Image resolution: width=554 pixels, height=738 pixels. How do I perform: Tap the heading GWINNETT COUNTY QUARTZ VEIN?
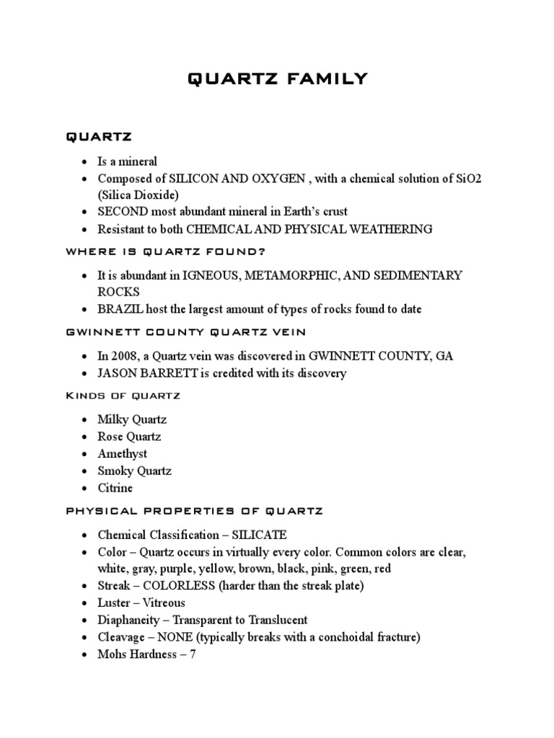pyautogui.click(x=185, y=332)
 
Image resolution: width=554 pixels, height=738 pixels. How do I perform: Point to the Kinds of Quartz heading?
pyautogui.click(x=123, y=396)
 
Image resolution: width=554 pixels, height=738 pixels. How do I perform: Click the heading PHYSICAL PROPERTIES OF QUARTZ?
pyautogui.click(x=195, y=511)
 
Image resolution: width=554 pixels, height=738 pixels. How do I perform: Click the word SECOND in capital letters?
pyautogui.click(x=123, y=212)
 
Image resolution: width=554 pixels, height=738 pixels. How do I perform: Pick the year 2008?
pyautogui.click(x=126, y=356)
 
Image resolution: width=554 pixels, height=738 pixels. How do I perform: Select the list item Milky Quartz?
pyautogui.click(x=132, y=419)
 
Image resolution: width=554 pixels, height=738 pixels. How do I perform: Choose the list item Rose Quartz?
pyautogui.click(x=130, y=437)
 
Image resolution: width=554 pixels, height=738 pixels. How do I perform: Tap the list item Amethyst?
pyautogui.click(x=123, y=454)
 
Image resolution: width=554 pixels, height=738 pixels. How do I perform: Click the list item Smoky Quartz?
pyautogui.click(x=135, y=471)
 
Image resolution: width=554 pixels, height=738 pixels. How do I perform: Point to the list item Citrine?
pyautogui.click(x=115, y=489)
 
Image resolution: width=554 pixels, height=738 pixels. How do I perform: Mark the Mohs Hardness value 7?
pyautogui.click(x=192, y=654)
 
